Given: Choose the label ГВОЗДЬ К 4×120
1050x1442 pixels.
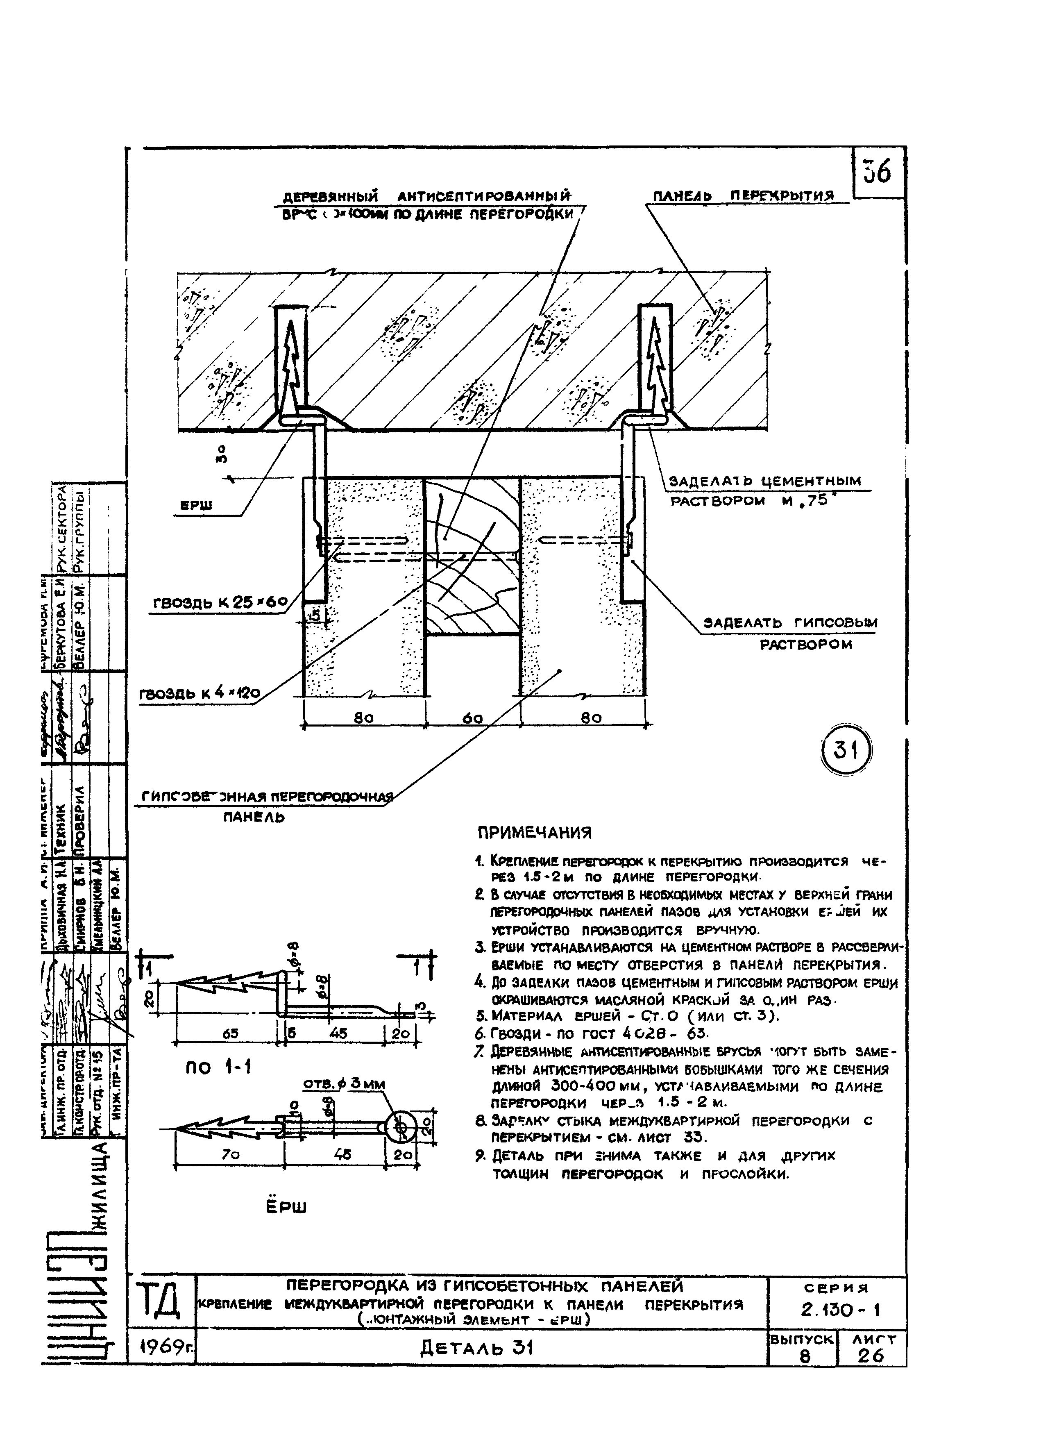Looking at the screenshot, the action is click(200, 694).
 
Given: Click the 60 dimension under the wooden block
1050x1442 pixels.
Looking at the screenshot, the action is click(472, 718).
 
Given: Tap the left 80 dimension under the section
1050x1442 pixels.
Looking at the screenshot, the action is click(363, 718).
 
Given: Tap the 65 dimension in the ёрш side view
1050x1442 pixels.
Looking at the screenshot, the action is click(230, 1033).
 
